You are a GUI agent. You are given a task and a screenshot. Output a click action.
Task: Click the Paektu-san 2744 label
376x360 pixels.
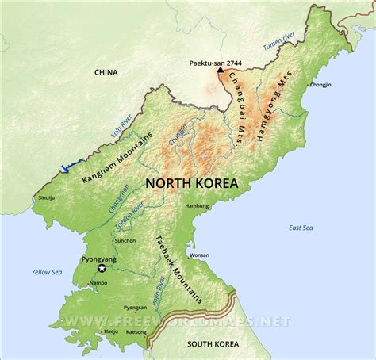(x=216, y=62)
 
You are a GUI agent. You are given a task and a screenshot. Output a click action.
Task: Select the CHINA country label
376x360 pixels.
(x=106, y=72)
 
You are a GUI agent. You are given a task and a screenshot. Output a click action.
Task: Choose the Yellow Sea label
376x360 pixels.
(x=46, y=272)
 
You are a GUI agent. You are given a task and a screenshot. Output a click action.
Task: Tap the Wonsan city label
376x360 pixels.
(x=200, y=255)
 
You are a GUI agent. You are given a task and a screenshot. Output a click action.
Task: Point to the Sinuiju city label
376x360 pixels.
(x=48, y=197)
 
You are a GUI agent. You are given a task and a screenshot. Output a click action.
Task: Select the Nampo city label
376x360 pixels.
(x=99, y=282)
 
